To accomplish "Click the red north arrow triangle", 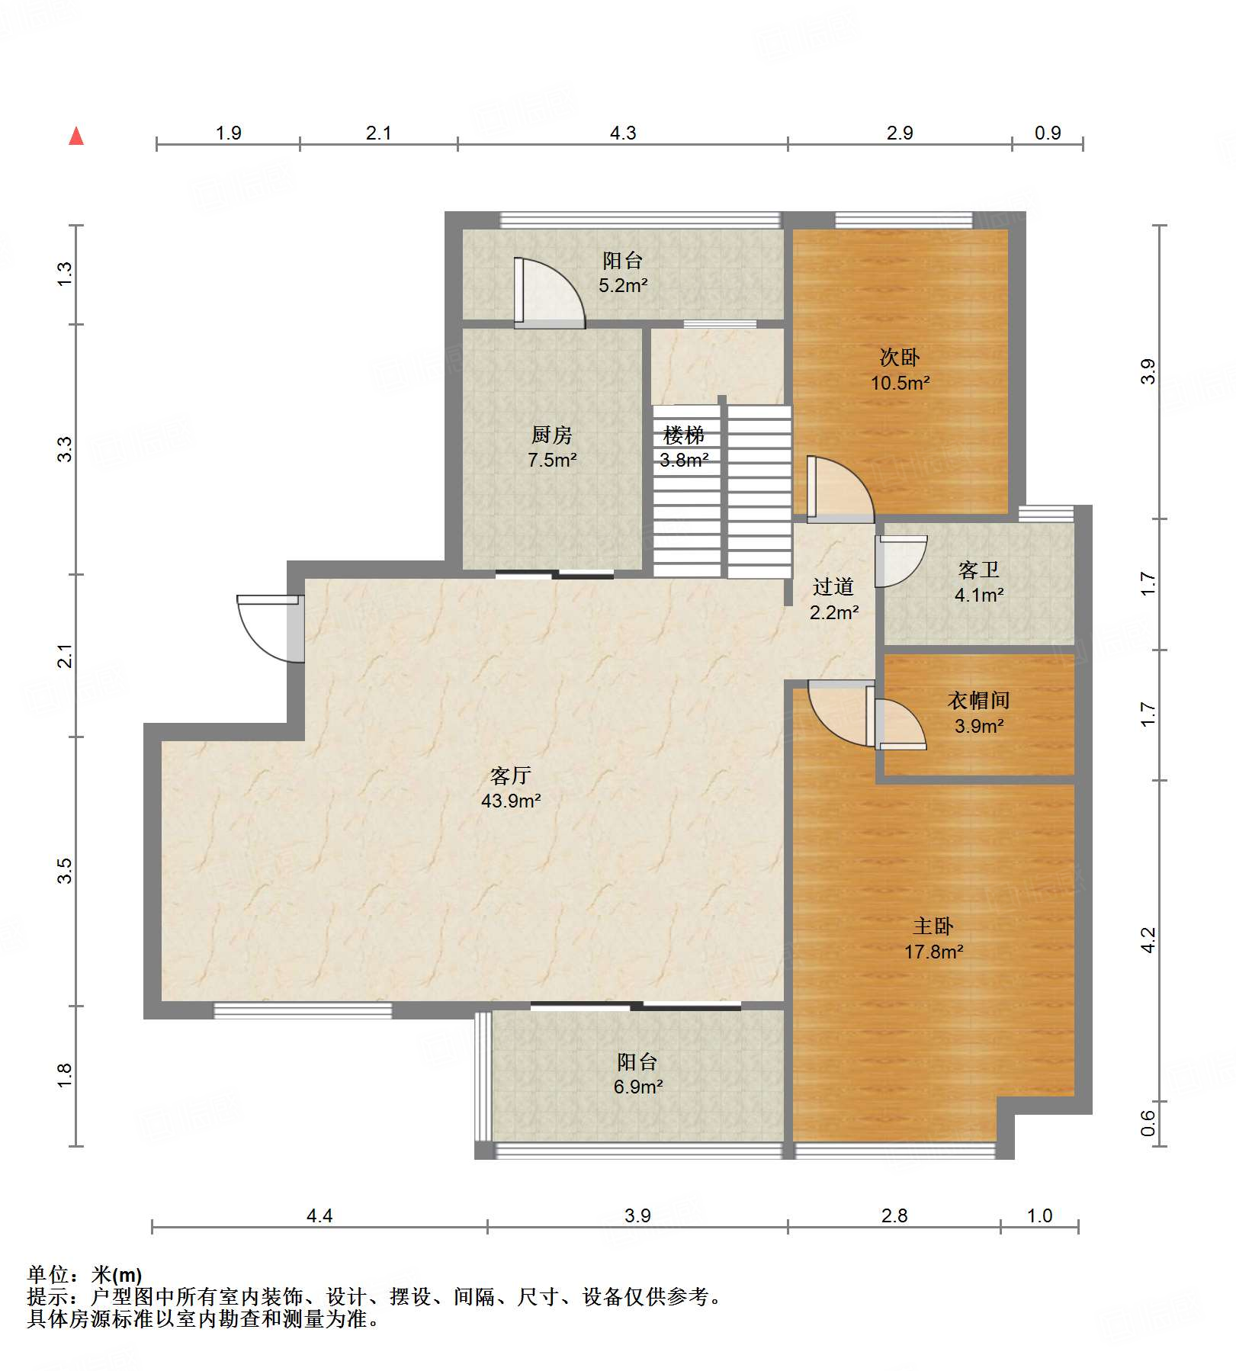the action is click(76, 136).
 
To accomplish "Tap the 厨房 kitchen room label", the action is click(551, 435).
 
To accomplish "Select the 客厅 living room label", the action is click(510, 775).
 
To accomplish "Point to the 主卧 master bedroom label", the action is click(933, 926).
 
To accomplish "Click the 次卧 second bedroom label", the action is click(900, 357).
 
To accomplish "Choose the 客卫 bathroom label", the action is click(979, 570).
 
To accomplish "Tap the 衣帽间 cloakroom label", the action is click(979, 700).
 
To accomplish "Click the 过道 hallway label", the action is click(833, 586).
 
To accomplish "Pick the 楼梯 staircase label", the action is click(684, 435).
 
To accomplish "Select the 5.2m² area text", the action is click(623, 286).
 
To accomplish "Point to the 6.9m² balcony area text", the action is click(638, 1087).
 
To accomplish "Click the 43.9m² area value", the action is click(511, 801).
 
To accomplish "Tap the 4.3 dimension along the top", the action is click(623, 133).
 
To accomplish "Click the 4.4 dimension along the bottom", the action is click(319, 1215).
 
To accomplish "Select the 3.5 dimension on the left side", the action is click(65, 871).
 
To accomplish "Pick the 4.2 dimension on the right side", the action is click(1148, 940).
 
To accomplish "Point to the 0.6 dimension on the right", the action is click(1148, 1122).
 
